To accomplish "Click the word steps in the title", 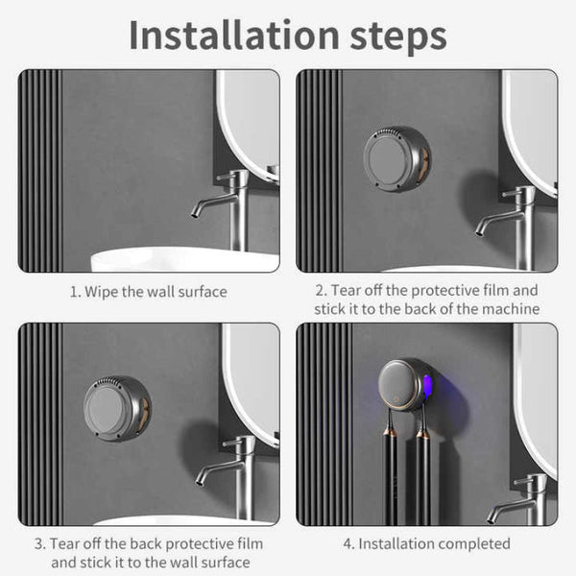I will coord(394,36).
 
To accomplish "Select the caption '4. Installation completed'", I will coord(426,543).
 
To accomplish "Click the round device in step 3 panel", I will coord(116,408).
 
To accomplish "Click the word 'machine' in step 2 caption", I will coord(512,308).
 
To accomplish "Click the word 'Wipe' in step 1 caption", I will coord(99,291).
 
